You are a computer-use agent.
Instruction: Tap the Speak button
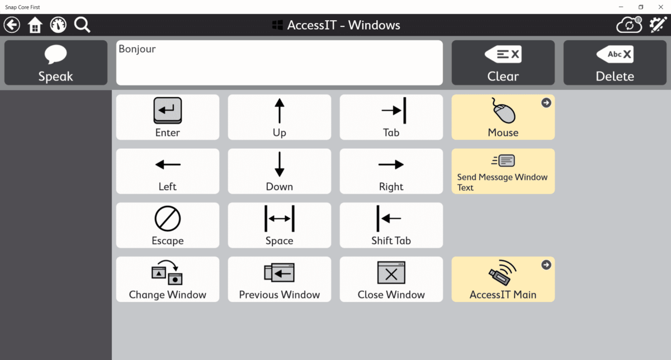click(55, 63)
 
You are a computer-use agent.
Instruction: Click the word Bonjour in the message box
click(137, 49)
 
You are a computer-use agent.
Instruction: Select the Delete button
click(615, 63)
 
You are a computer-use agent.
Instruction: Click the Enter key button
click(167, 117)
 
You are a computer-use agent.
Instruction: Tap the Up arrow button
click(279, 117)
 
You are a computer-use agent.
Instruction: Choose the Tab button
click(391, 117)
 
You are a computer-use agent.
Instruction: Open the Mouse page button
click(503, 117)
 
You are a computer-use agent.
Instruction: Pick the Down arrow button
click(279, 171)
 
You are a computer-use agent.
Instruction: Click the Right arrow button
click(391, 171)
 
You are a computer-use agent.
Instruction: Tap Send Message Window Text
click(503, 171)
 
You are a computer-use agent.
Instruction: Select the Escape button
click(167, 225)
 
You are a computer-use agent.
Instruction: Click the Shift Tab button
click(391, 225)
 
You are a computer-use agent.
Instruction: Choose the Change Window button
click(167, 280)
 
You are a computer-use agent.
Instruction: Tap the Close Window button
click(391, 280)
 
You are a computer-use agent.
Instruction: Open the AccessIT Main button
click(503, 280)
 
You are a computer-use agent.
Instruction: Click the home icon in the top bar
click(35, 25)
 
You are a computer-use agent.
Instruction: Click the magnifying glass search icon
click(82, 25)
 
